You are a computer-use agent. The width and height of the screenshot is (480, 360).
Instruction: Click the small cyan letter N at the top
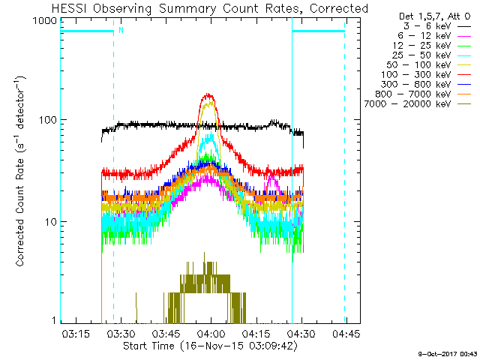pos(121,31)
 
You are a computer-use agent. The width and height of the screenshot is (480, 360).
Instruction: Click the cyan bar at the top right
pos(318,31)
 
